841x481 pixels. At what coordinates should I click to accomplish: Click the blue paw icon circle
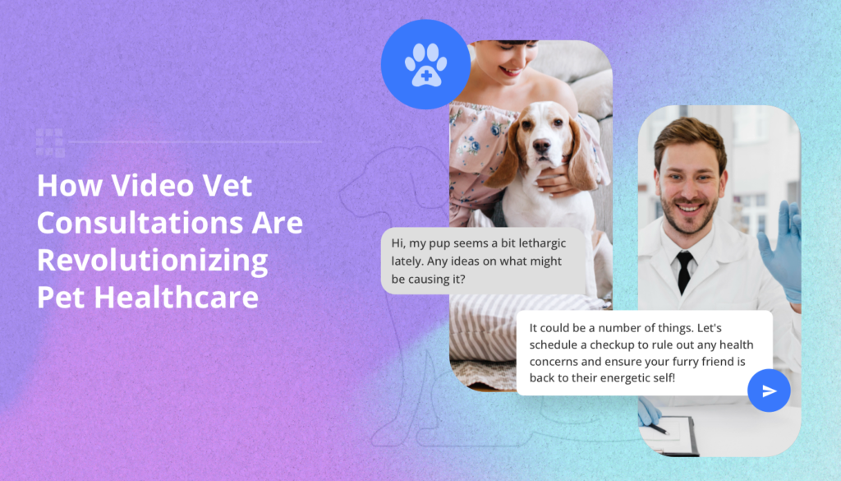click(x=425, y=65)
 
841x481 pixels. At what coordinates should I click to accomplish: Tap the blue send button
click(x=769, y=391)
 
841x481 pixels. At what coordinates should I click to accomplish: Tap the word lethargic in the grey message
click(x=535, y=243)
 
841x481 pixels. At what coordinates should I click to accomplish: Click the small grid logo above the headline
click(x=50, y=142)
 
